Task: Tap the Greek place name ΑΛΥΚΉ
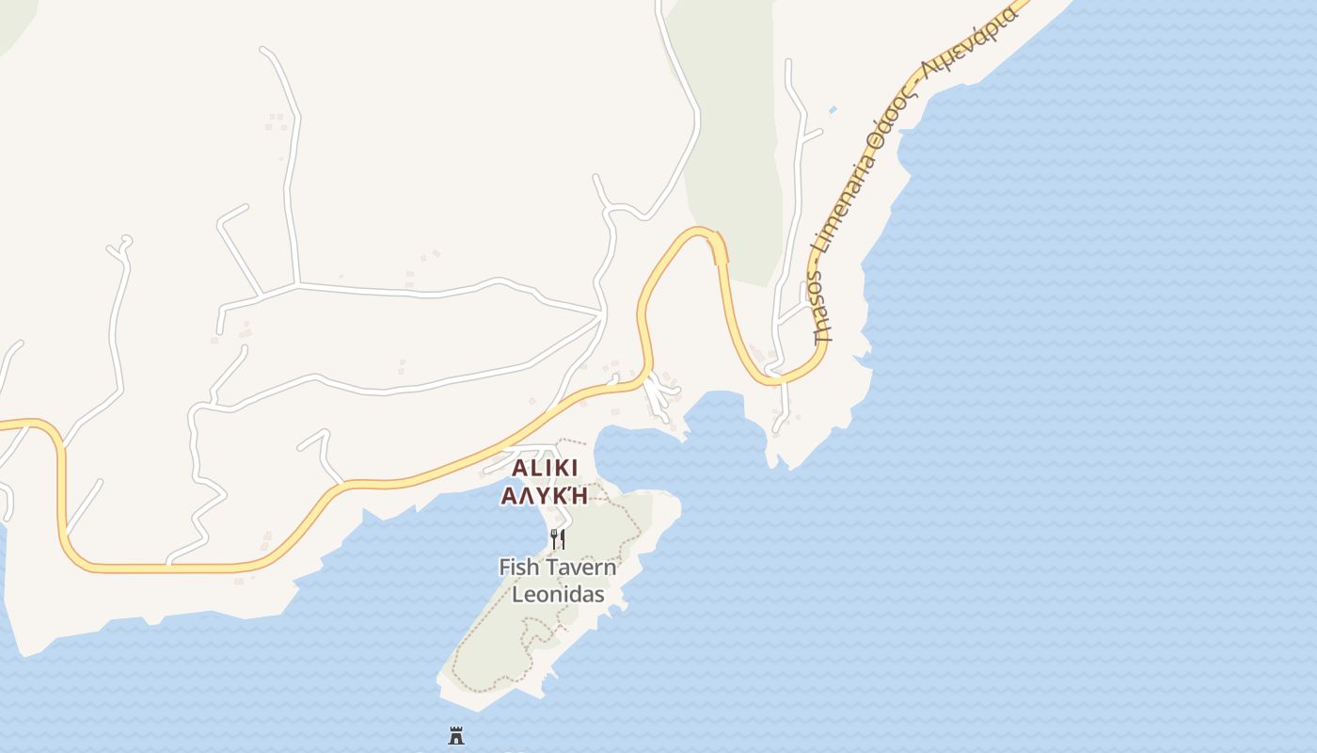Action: tap(544, 495)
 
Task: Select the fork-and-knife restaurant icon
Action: tap(558, 539)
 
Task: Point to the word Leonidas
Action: tap(558, 595)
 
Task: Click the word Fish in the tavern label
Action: tap(519, 568)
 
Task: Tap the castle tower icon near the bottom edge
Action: tap(456, 734)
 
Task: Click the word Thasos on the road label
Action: tap(820, 307)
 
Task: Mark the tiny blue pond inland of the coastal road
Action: tap(833, 110)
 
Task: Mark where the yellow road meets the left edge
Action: tap(3, 425)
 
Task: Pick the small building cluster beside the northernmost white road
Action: tap(277, 121)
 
